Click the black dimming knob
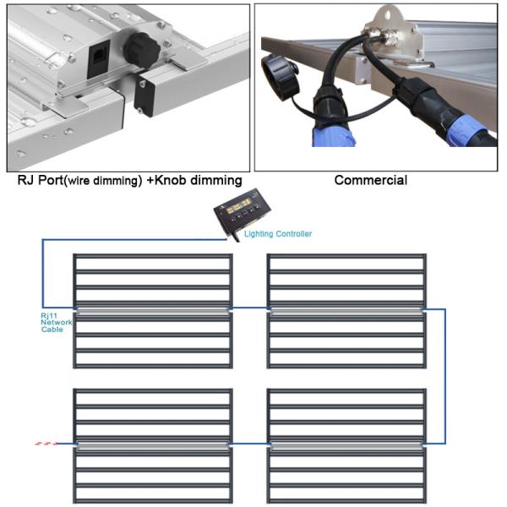142,50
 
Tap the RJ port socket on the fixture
98,58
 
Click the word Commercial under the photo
371,180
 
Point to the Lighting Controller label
278,234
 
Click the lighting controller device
242,210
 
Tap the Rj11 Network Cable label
56,323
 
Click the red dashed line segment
46,444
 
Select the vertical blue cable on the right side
445,376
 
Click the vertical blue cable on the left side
42,273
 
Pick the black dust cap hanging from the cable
280,77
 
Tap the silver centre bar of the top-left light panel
153,311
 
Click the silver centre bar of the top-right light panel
346,311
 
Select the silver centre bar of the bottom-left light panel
153,445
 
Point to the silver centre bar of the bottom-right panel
346,445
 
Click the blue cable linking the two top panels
249,308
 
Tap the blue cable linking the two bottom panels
249,444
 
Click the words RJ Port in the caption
41,180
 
